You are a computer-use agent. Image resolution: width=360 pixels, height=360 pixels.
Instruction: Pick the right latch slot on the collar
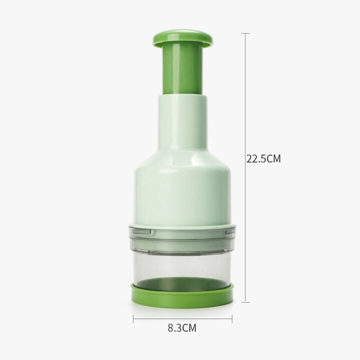point(228,232)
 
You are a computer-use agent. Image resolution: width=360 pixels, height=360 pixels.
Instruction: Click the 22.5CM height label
point(263,159)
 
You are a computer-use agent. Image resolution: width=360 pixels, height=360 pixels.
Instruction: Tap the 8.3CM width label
point(181,328)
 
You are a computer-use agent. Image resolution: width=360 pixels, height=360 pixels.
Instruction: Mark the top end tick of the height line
point(245,34)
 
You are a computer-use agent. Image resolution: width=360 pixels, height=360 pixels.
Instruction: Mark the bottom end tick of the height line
point(245,302)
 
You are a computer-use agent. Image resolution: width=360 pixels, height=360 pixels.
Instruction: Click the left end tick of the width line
point(133,318)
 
